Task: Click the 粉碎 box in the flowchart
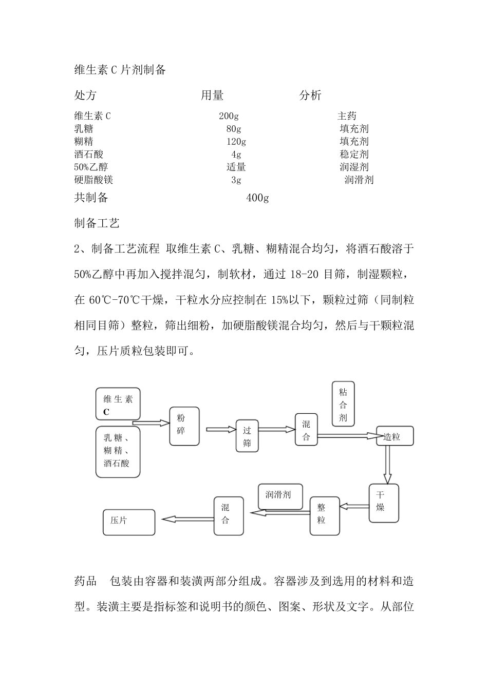pyautogui.click(x=184, y=426)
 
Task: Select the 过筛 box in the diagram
pyautogui.click(x=247, y=436)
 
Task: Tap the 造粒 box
pyautogui.click(x=395, y=437)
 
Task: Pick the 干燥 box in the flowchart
pyautogui.click(x=384, y=503)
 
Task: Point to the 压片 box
pyautogui.click(x=128, y=522)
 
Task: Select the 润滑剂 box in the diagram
pyautogui.click(x=280, y=495)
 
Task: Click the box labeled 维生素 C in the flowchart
pyautogui.click(x=118, y=404)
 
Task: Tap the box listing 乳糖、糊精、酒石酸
pyautogui.click(x=118, y=451)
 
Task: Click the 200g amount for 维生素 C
pyautogui.click(x=229, y=116)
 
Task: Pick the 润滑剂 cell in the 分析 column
pyautogui.click(x=359, y=180)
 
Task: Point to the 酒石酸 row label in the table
pyautogui.click(x=89, y=154)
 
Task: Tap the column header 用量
pyautogui.click(x=212, y=95)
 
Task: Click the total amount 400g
pyautogui.click(x=257, y=198)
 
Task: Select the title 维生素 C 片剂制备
pyautogui.click(x=120, y=70)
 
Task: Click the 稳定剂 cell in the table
pyautogui.click(x=354, y=154)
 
